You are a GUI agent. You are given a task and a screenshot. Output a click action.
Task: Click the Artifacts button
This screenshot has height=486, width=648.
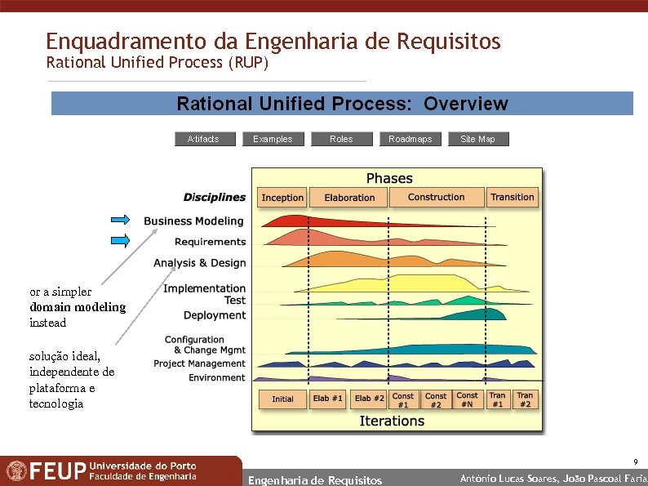205,139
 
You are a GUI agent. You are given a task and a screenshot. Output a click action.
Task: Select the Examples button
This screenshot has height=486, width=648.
273,139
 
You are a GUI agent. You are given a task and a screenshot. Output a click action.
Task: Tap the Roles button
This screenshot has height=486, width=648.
341,139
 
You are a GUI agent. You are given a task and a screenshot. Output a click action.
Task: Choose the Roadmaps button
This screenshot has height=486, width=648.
410,139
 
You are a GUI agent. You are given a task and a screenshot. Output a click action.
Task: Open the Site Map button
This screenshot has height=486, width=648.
478,139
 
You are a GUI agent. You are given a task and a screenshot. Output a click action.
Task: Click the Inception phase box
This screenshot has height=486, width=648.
282,198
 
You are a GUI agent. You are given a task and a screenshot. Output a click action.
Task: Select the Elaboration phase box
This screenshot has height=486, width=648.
349,198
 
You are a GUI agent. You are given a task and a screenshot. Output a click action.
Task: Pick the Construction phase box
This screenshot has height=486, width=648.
436,197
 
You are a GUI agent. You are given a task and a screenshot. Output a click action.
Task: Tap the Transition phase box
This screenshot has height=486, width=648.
513,197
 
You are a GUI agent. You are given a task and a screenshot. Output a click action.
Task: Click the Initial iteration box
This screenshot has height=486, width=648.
282,399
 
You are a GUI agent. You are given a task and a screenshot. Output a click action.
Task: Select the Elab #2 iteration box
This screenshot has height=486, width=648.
369,399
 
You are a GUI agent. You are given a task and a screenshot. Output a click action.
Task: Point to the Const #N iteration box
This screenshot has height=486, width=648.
468,400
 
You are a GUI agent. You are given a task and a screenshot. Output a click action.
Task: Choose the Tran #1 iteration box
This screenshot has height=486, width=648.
497,400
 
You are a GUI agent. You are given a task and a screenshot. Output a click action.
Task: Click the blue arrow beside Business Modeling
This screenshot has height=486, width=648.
121,219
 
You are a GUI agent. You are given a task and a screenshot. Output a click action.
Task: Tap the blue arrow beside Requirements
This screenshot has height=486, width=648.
121,240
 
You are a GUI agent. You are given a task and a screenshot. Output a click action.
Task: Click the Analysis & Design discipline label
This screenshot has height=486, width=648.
199,263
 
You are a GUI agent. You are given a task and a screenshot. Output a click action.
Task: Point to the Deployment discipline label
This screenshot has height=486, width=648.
214,315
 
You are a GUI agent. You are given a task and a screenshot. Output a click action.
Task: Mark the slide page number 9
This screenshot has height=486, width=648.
635,461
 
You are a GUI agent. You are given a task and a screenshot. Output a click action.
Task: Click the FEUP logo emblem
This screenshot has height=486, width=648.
16,471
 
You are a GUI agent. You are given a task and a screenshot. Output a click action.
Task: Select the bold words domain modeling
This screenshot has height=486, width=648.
78,307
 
